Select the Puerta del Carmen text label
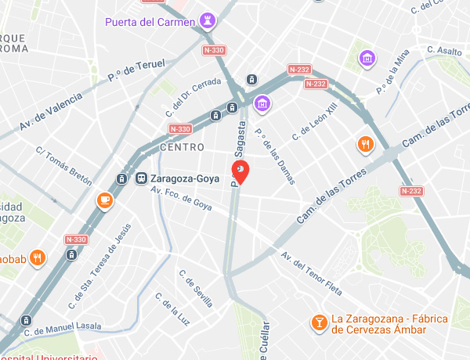pos(149,21)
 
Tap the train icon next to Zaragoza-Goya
pos(142,178)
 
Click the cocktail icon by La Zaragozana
pos(319,323)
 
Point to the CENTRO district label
pos(181,147)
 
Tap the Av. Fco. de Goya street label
pos(181,196)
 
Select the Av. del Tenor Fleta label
pos(311,275)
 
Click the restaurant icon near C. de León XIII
pos(365,144)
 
